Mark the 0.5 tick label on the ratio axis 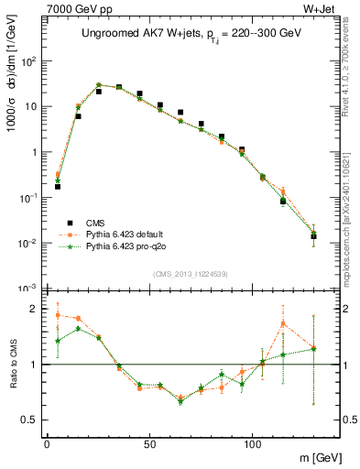tap(30, 420)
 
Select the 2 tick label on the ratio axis tap(35, 309)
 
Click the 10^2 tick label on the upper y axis tap(29, 61)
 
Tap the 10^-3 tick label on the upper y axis tap(29, 288)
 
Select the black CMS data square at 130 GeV tap(313, 235)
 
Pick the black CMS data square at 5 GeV tap(57, 186)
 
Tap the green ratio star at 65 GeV tap(180, 401)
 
